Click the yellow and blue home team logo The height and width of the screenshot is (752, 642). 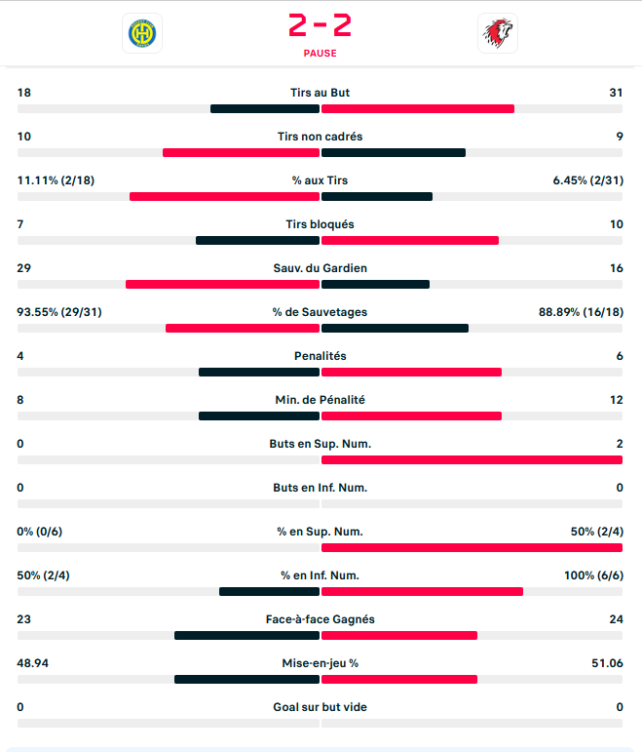pos(142,33)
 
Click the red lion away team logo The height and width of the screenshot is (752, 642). pos(499,33)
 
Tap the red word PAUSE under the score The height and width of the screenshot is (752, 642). pos(320,54)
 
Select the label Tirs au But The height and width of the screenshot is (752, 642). pos(320,93)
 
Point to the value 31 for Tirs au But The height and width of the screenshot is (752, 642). pos(615,93)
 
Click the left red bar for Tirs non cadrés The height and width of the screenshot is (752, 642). pos(241,152)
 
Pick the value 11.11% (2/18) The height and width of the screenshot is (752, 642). pos(56,180)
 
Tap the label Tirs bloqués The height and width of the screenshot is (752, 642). pos(320,224)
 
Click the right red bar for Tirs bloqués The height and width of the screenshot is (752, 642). pos(410,240)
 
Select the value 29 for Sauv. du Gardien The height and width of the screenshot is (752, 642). pos(24,268)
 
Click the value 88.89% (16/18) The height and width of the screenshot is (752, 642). pos(581,312)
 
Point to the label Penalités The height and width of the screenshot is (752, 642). pos(320,356)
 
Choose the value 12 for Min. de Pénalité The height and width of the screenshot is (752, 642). pos(615,400)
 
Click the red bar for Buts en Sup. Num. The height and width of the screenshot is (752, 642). pos(472,459)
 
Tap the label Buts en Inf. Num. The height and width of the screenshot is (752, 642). pos(320,488)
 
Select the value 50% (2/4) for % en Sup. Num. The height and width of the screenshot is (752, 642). pos(596,532)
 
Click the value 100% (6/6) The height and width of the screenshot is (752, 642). pos(593,575)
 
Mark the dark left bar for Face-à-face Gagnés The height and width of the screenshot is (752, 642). pos(246,635)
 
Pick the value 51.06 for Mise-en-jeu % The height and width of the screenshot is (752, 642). pos(606,663)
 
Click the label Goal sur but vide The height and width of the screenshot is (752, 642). pos(320,707)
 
